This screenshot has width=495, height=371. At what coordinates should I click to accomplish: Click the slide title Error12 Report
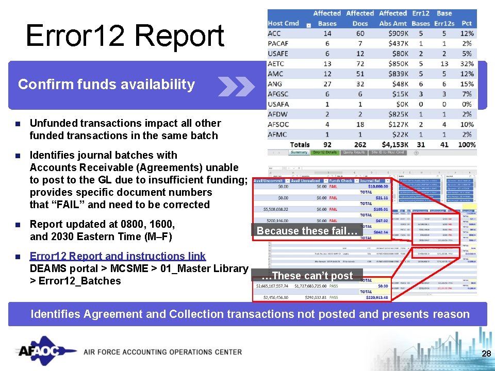click(125, 36)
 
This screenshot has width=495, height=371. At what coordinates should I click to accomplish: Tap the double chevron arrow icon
click(236, 86)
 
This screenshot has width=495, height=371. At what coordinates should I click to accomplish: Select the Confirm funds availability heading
click(106, 85)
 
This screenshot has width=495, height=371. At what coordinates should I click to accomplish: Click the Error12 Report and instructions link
click(118, 256)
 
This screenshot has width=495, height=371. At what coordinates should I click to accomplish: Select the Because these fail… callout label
click(307, 231)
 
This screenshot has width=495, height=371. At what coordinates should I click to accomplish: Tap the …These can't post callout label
click(307, 276)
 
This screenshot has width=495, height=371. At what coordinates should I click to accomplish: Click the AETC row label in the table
click(276, 64)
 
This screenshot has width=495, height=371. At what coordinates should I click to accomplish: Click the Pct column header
click(467, 23)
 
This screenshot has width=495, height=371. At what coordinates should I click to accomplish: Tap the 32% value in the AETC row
click(467, 64)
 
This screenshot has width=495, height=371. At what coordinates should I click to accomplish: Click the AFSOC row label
click(279, 124)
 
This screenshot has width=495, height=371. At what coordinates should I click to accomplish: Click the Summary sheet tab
click(299, 153)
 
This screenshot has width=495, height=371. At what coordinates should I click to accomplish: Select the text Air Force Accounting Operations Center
click(162, 352)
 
